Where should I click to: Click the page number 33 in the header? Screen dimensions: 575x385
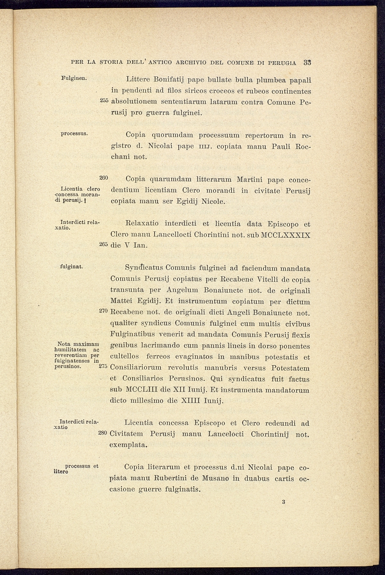(x=308, y=62)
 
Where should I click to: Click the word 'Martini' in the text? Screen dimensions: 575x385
(x=249, y=179)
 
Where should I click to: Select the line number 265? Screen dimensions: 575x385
(x=104, y=244)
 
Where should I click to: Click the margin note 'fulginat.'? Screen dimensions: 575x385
(x=72, y=267)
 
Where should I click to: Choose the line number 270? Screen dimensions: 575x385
(x=104, y=312)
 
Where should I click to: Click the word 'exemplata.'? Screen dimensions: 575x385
(x=128, y=445)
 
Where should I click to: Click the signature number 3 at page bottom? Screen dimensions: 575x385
(x=283, y=502)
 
